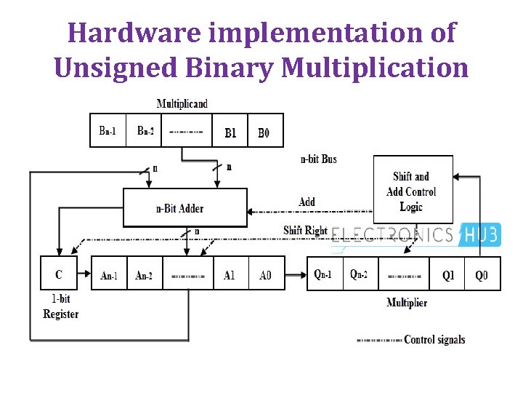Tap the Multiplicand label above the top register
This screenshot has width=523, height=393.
(182, 103)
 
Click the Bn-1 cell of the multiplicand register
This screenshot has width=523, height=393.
(108, 131)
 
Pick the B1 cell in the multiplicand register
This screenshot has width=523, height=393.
(230, 132)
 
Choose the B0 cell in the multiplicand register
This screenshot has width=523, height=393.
(264, 132)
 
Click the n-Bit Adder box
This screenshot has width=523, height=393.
(185, 208)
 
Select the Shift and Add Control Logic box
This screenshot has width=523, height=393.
(411, 191)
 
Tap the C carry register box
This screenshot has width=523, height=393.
(60, 274)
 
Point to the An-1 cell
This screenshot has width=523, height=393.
(108, 274)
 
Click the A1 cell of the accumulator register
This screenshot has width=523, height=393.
(230, 274)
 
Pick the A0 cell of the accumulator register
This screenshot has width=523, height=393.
(266, 274)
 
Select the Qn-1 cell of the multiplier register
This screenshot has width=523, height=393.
(324, 274)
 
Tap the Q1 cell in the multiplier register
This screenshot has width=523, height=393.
(447, 275)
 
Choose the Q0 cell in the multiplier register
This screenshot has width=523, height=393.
(482, 275)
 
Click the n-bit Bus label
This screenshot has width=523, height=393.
(319, 159)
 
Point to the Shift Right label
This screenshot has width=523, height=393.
(305, 231)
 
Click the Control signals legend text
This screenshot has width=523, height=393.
(434, 339)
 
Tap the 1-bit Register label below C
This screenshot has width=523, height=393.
(61, 307)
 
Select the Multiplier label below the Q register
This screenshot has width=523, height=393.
(407, 302)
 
